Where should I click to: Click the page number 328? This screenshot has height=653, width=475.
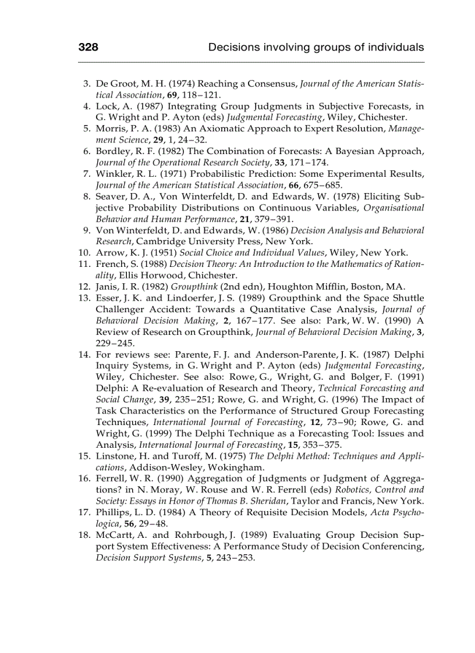pos(88,47)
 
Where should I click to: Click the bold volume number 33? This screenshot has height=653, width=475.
pos(281,163)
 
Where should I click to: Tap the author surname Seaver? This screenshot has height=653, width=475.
pos(111,197)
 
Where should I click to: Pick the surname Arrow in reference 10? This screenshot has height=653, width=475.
pos(110,252)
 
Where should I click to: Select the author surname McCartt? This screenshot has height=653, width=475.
pos(114,535)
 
